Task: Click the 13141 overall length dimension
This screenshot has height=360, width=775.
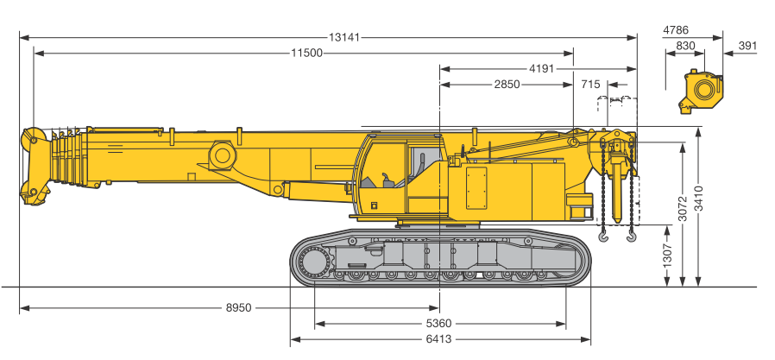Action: click(344, 37)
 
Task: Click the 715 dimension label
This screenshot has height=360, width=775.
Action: click(590, 84)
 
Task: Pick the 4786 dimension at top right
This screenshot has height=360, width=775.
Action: click(676, 30)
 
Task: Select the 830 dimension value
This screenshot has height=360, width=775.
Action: click(685, 46)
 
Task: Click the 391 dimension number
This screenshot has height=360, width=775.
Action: click(747, 46)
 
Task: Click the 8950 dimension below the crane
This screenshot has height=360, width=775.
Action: click(239, 307)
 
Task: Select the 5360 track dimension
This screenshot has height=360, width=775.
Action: click(438, 324)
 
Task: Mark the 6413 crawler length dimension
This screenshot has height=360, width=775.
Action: click(438, 339)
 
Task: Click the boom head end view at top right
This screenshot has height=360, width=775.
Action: click(702, 91)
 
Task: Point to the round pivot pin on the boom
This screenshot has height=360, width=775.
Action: click(224, 155)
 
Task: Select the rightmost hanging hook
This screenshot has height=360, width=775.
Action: click(632, 233)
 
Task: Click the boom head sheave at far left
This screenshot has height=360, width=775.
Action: click(33, 138)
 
